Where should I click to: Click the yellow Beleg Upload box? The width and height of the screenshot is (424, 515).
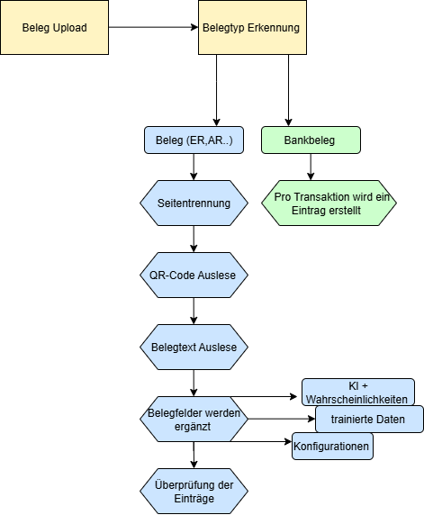55,28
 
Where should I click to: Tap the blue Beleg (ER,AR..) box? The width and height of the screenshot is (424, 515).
193,140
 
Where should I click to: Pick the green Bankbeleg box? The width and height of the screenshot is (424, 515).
311,140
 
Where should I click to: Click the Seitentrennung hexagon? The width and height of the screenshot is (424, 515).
193,203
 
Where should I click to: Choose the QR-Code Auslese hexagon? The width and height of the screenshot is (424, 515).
193,275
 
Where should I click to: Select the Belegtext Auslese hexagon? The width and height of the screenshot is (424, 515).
193,346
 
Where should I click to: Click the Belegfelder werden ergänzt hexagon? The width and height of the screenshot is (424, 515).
193,420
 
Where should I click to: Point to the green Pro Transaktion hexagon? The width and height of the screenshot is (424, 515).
329,203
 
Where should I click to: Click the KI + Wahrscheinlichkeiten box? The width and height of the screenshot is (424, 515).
357,392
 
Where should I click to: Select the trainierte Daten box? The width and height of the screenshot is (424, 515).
369,419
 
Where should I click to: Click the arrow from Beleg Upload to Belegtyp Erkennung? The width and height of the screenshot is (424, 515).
153,28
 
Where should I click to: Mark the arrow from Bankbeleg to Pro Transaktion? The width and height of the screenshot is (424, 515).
311,167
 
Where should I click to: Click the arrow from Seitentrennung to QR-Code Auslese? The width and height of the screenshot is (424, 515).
194,239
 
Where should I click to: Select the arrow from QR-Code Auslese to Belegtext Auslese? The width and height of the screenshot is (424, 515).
194,310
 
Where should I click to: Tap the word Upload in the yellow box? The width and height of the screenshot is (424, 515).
70,28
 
